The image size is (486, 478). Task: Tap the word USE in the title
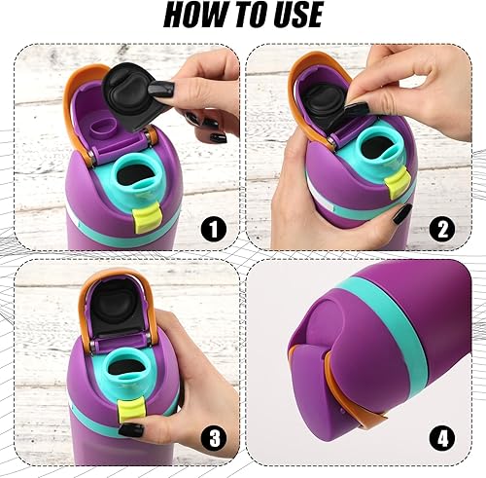[x=290, y=17]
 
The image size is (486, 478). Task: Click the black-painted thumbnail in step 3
[x=131, y=430]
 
